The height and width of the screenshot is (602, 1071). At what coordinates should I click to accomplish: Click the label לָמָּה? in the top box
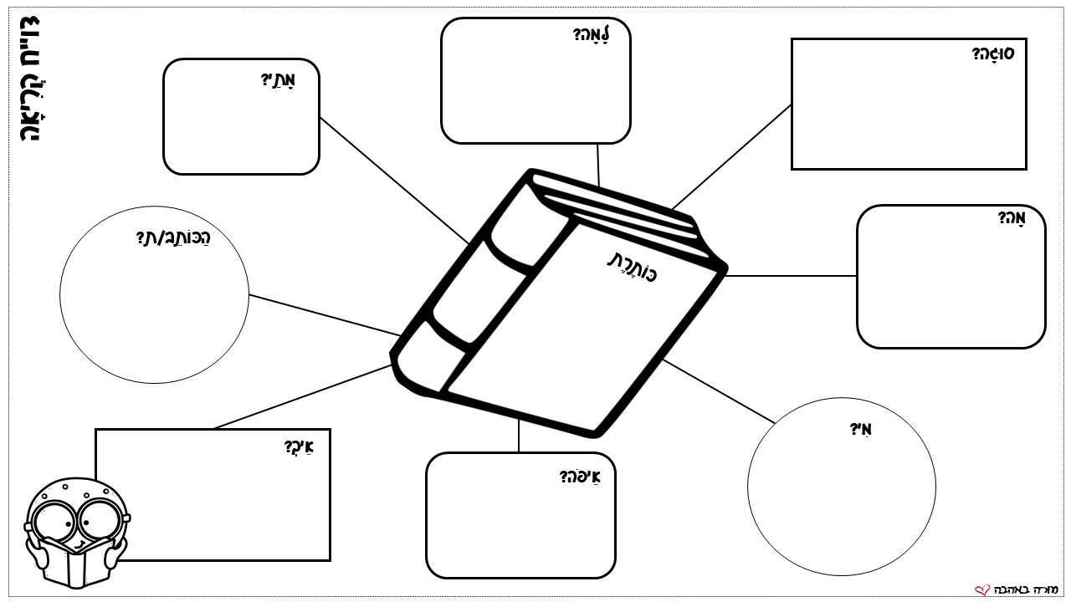click(x=592, y=34)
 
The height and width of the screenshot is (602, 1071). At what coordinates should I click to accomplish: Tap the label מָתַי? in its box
click(x=278, y=79)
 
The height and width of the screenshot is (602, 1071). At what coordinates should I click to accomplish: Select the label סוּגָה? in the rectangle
click(x=993, y=53)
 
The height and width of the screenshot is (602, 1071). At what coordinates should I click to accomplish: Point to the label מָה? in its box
click(x=1012, y=217)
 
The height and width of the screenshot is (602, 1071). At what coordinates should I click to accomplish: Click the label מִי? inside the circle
click(x=860, y=429)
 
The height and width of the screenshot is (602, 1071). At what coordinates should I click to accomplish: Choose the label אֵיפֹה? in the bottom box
click(x=580, y=477)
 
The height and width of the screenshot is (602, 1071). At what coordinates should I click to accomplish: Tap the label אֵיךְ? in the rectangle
click(x=299, y=447)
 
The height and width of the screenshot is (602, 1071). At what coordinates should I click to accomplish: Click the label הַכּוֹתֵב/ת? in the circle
click(x=173, y=237)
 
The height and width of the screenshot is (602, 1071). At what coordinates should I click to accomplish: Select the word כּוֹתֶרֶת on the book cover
click(x=633, y=267)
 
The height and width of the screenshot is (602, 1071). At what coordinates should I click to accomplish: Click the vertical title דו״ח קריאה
click(x=29, y=79)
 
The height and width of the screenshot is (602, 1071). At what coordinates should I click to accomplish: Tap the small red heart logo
click(x=982, y=590)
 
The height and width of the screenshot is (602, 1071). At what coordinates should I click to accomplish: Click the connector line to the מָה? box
click(x=791, y=276)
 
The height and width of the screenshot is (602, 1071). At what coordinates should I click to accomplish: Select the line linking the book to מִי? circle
click(x=719, y=391)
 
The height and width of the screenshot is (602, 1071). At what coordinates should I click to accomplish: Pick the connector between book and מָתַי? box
click(x=394, y=181)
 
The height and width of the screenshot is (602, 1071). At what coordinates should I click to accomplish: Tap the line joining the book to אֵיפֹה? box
click(x=519, y=436)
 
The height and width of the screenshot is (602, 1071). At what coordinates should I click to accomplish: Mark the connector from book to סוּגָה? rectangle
click(x=731, y=157)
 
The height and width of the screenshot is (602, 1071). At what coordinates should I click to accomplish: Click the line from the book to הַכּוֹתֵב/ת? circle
click(x=325, y=315)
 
